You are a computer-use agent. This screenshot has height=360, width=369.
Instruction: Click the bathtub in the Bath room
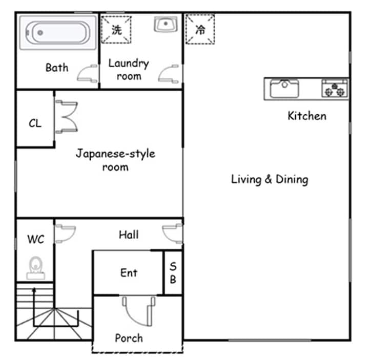57,32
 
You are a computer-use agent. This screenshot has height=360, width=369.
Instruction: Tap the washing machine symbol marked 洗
116,30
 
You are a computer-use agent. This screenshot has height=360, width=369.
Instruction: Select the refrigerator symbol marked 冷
200,29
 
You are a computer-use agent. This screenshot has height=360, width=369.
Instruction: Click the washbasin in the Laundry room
166,24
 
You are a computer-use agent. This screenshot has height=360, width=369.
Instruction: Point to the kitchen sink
284,89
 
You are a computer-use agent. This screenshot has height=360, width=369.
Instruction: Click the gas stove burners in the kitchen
334,89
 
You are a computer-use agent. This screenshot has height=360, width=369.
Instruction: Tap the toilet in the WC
35,268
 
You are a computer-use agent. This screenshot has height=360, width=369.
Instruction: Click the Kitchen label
307,116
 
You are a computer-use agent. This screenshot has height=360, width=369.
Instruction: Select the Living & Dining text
270,180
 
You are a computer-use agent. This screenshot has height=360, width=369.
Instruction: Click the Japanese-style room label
115,160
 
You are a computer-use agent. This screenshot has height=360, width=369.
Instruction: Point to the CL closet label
35,123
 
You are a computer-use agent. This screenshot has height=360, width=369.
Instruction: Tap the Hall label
129,235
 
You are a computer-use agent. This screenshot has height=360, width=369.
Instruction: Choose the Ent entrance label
129,273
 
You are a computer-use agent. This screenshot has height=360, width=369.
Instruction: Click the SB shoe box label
173,273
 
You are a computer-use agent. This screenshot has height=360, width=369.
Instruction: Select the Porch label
129,338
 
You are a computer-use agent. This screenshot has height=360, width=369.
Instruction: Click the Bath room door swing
88,73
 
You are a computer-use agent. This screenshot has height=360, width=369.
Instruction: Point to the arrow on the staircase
34,306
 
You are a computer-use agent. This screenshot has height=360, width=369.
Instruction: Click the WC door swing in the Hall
66,234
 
